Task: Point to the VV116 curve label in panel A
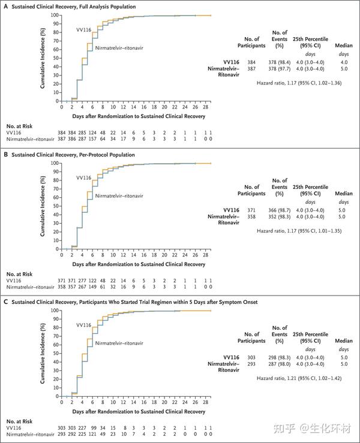(83, 29)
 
